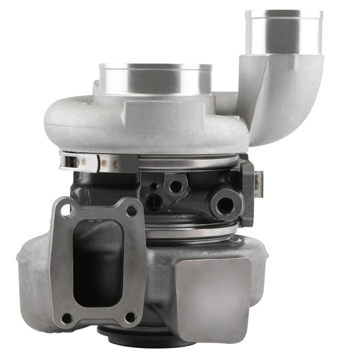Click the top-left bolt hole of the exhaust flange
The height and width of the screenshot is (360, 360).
coord(65,211)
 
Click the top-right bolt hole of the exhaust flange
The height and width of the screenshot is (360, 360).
coord(130,211)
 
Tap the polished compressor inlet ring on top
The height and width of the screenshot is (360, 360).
coord(155,78)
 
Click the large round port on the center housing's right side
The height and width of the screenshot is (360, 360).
coord(226,205)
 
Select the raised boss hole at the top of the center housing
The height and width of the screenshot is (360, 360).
coord(176,185)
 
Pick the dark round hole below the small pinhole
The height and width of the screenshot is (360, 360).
coord(155,202)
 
